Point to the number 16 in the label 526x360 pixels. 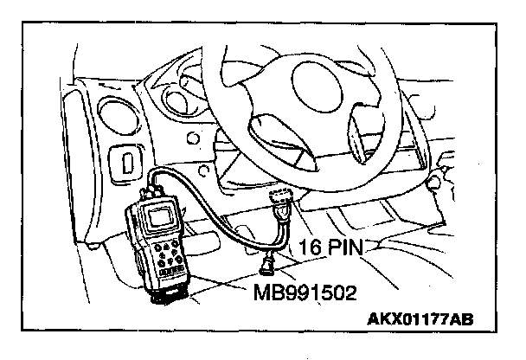pos(309,248)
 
